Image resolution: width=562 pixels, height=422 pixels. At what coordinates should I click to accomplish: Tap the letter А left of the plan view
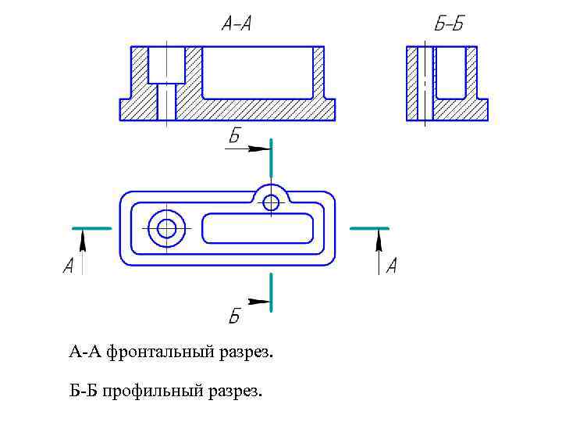tap(68, 266)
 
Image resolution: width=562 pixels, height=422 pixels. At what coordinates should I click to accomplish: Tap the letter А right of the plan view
tap(391, 266)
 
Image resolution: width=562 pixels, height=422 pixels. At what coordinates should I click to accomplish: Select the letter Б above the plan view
tap(234, 137)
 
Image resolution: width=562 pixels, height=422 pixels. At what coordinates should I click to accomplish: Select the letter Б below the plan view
tap(234, 316)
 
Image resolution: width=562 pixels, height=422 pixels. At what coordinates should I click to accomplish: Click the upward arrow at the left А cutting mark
tap(83, 246)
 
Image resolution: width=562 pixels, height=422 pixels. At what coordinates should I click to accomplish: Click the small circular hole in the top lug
tap(271, 202)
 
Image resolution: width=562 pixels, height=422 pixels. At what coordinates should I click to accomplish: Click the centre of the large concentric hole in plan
tap(166, 229)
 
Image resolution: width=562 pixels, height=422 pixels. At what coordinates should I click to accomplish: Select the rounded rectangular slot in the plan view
tap(258, 229)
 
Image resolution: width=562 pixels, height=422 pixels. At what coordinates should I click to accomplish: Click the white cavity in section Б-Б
tap(450, 72)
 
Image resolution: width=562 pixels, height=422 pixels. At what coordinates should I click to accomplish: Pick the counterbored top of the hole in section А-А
tap(166, 64)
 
